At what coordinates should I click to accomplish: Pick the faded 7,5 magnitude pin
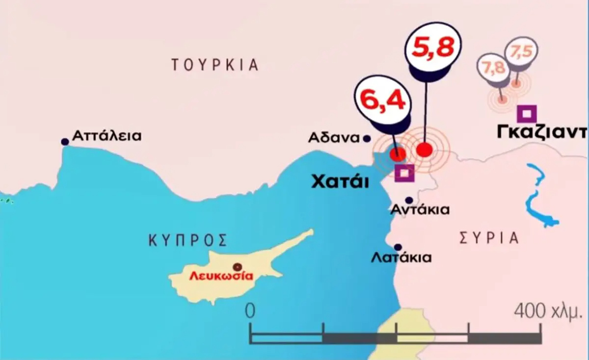(x=522, y=52)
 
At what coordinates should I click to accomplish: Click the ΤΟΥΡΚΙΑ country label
(x=214, y=65)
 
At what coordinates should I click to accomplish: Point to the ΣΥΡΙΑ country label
(x=489, y=238)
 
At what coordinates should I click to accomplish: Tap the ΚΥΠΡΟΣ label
(x=188, y=240)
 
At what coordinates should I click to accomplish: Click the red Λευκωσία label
(x=221, y=276)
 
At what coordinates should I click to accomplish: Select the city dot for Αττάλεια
(x=65, y=142)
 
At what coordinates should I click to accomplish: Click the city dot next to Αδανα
(x=366, y=139)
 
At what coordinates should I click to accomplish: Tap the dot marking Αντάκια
(x=408, y=200)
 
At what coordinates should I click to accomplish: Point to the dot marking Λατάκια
(x=398, y=247)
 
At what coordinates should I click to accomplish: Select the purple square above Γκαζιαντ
(x=527, y=114)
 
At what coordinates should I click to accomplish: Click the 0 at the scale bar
(x=250, y=311)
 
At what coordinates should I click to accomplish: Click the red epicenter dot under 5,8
(x=424, y=150)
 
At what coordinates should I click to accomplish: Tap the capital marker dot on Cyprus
(x=238, y=267)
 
